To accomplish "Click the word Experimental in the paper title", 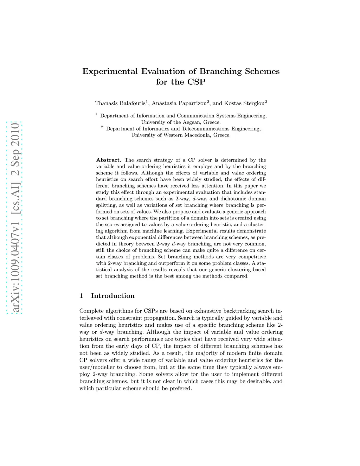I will tap(110, 71).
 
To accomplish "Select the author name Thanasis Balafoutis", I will tap(120, 103).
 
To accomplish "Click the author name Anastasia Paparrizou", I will tap(179, 103).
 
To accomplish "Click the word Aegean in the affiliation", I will tap(192, 122).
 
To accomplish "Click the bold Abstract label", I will tap(109, 160).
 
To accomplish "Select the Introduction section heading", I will tap(112, 296).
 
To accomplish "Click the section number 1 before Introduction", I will tap(81, 296).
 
